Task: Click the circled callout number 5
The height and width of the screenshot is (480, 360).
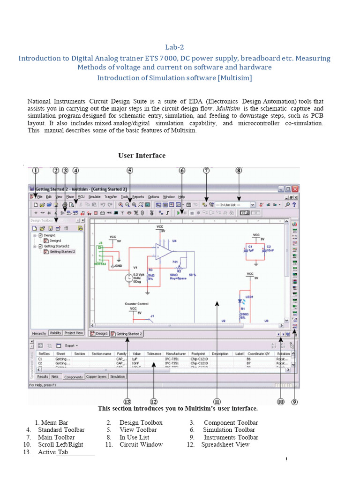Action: [130, 171]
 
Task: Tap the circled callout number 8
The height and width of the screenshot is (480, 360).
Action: [239, 171]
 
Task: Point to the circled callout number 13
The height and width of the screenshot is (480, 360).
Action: [127, 401]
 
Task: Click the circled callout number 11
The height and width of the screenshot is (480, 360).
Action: [217, 401]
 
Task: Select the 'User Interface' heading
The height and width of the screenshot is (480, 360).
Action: [142, 156]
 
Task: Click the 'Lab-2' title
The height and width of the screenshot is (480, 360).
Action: [174, 47]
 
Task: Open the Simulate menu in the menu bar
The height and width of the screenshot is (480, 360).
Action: [94, 197]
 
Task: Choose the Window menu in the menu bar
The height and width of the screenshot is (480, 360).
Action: [169, 197]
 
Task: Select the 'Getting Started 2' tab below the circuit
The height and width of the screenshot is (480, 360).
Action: [127, 334]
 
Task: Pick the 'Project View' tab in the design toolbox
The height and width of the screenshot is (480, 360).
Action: [74, 333]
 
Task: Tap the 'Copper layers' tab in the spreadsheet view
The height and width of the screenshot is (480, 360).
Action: [97, 376]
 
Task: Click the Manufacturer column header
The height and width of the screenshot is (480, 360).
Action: [176, 354]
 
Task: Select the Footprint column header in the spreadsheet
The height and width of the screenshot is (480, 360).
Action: [198, 354]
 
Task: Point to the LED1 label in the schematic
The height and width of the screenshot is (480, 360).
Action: [248, 297]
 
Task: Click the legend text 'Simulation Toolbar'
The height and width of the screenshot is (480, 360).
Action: [229, 430]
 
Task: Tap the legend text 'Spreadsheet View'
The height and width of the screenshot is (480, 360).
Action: [225, 444]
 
